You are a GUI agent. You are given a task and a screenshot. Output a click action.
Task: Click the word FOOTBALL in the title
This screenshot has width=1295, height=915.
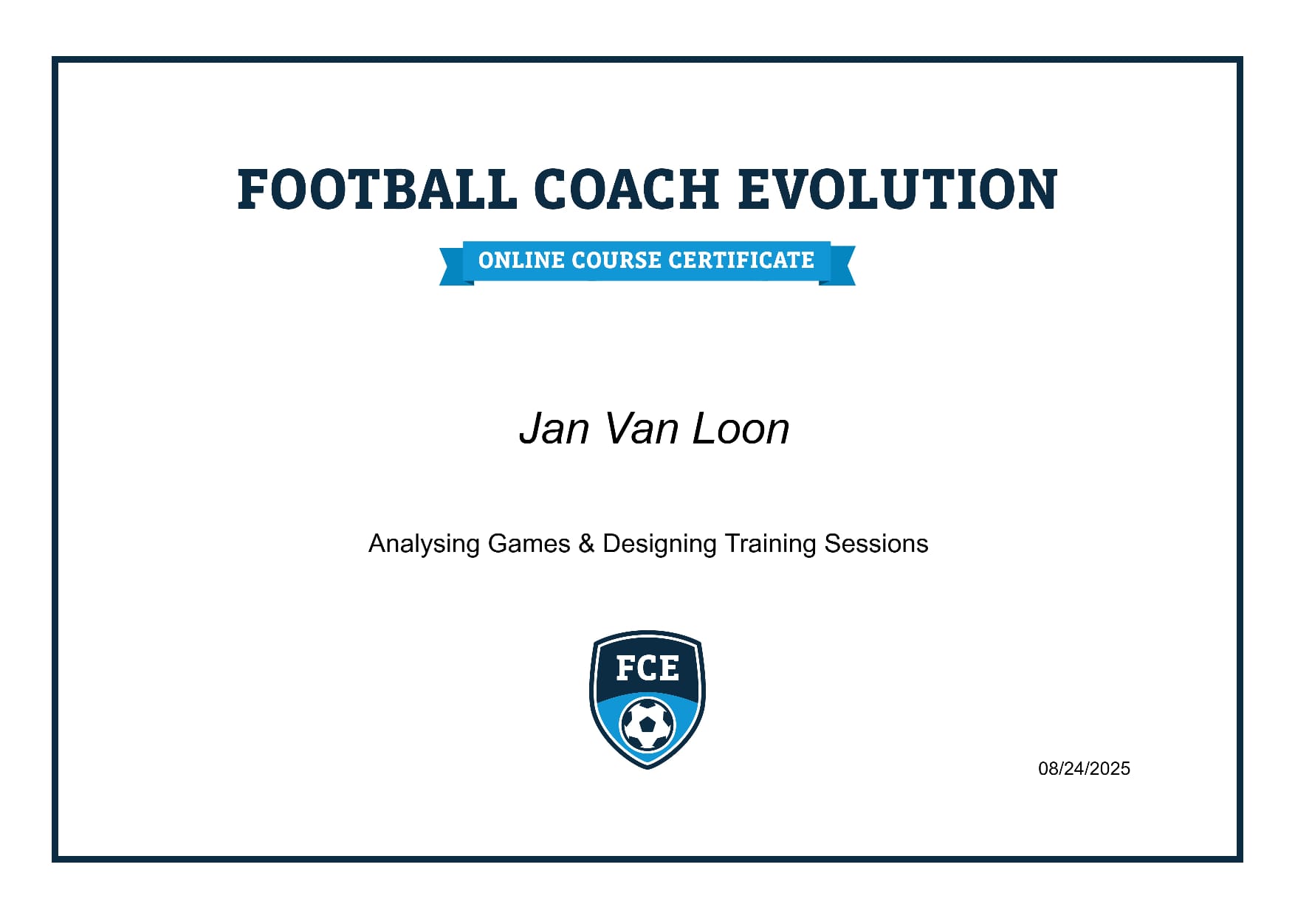(x=377, y=189)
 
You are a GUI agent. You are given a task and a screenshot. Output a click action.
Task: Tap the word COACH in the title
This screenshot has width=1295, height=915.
(x=626, y=189)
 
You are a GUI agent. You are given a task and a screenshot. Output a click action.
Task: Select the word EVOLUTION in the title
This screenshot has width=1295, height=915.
(x=898, y=189)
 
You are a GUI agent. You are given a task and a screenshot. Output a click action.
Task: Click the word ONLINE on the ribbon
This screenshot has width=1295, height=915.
(x=521, y=260)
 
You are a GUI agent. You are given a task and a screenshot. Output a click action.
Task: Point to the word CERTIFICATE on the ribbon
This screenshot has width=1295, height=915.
(x=741, y=260)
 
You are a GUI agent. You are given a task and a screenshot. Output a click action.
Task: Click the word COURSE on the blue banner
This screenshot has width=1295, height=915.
(x=616, y=260)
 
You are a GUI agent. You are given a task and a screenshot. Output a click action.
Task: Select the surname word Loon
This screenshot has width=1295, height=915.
(x=741, y=429)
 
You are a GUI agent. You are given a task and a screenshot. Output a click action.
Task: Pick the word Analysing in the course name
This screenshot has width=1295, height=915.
(x=425, y=544)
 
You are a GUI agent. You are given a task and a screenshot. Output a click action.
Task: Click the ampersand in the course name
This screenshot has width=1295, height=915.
(x=587, y=544)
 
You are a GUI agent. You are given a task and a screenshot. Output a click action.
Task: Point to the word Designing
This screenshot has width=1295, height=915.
(x=659, y=544)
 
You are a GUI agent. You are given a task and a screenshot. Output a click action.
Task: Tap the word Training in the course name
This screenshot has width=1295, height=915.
(x=770, y=544)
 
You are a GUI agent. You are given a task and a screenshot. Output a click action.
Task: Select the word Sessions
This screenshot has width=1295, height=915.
(x=876, y=544)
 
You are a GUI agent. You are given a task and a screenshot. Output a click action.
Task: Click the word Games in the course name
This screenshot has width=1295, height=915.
(x=529, y=544)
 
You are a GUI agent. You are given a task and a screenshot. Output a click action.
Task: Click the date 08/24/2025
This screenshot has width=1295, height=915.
(x=1084, y=769)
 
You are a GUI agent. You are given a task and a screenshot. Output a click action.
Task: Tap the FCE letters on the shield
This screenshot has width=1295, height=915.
(x=647, y=669)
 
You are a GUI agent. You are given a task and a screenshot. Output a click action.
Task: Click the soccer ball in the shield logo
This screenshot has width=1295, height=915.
(x=647, y=725)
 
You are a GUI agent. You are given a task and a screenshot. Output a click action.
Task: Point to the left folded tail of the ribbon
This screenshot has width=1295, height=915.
(x=456, y=266)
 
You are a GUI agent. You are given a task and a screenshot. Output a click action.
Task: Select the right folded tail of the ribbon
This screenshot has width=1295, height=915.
(x=838, y=266)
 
